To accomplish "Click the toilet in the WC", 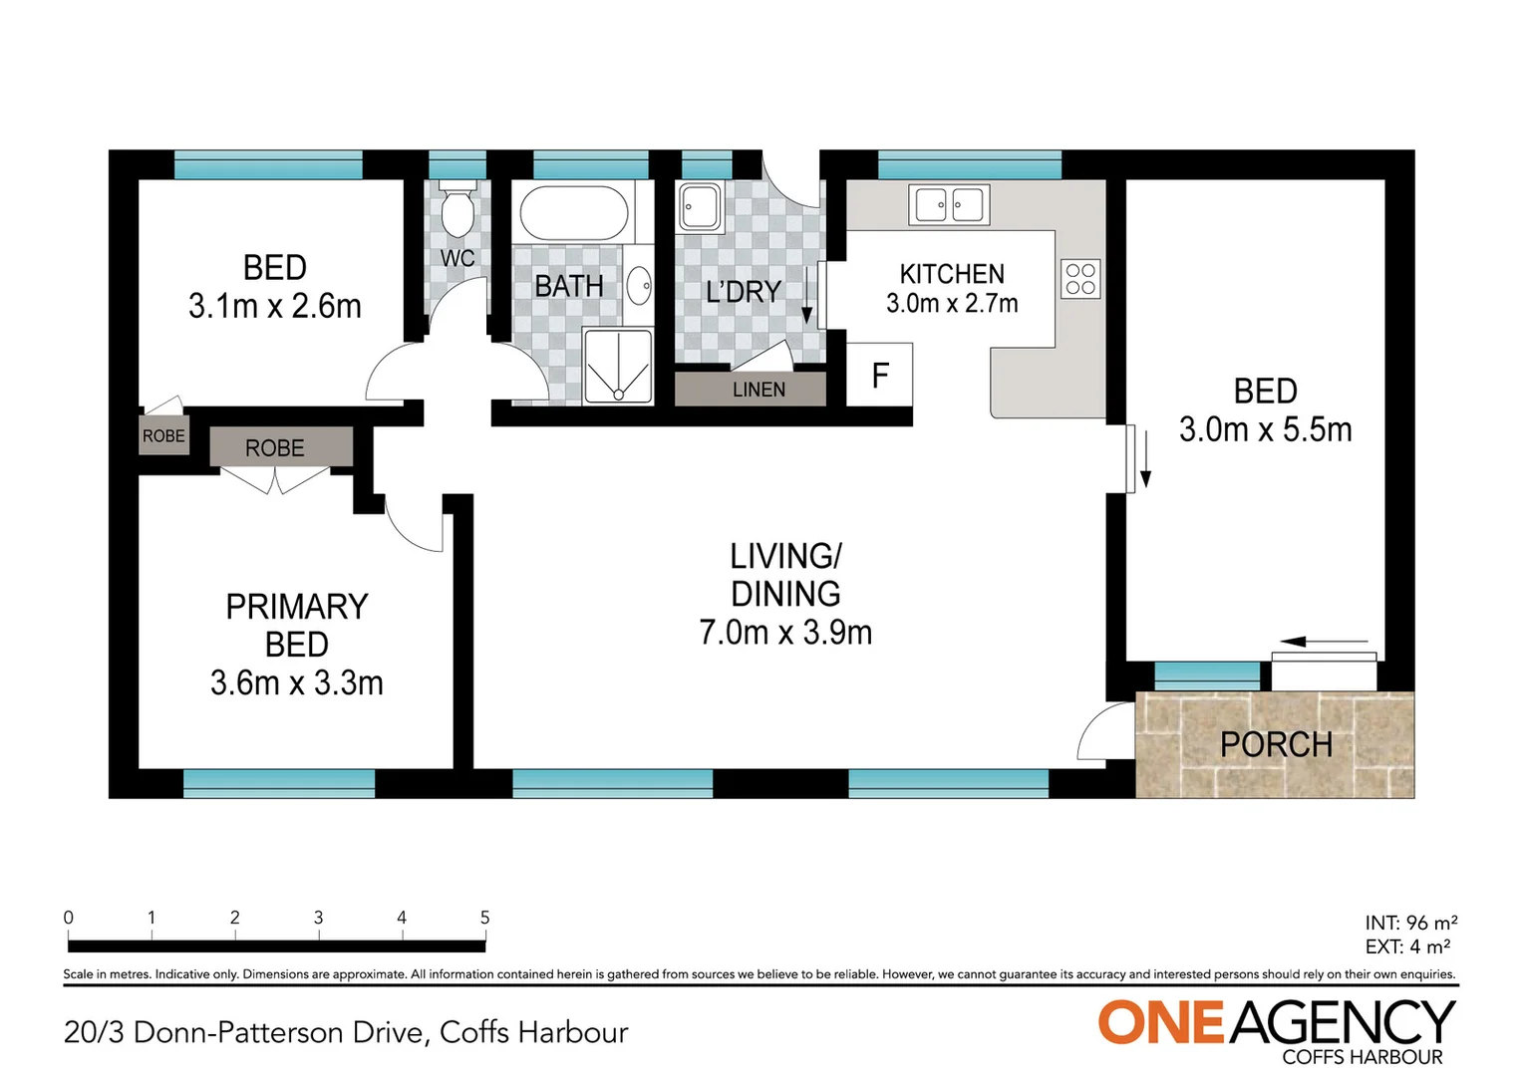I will coord(457,209).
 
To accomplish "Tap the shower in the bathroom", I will coord(618,368).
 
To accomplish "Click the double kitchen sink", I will coord(949,205).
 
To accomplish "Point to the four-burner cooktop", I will coord(1080,279).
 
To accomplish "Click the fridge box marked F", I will coord(879,375).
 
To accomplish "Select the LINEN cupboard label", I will coord(759,390).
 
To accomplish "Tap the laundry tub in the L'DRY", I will coord(700,206).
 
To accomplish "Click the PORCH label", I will coord(1276,744).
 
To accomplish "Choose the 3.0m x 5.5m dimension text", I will coord(1265,429).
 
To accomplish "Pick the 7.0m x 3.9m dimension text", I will coord(785,632).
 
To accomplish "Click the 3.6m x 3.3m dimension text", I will coord(296,682).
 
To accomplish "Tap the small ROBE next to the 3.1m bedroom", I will coord(163,436).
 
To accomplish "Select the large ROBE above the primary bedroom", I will coord(275,448).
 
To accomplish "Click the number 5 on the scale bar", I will coord(484,918).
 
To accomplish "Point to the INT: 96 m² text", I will coord(1410,923).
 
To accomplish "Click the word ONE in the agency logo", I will coord(1160,1023).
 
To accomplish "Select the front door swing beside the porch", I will coord(1101,735).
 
